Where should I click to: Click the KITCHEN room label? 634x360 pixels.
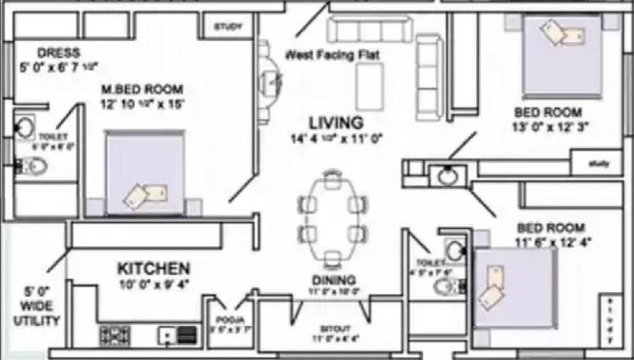pyautogui.click(x=153, y=268)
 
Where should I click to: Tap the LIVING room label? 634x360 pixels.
pyautogui.click(x=335, y=122)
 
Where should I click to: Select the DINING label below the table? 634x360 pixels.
pyautogui.click(x=333, y=280)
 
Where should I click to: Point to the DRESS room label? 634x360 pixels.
pyautogui.click(x=58, y=53)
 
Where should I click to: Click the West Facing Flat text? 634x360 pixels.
pyautogui.click(x=332, y=55)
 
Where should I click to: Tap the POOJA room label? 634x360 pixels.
pyautogui.click(x=226, y=319)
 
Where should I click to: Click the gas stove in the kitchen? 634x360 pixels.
pyautogui.click(x=115, y=335)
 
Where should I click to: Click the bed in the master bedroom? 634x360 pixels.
pyautogui.click(x=145, y=173)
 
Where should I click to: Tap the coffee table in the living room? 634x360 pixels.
pyautogui.click(x=369, y=86)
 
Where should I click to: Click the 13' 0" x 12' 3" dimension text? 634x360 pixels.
pyautogui.click(x=550, y=126)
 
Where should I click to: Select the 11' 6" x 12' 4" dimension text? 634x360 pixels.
pyautogui.click(x=550, y=241)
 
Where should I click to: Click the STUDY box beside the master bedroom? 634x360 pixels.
pyautogui.click(x=228, y=27)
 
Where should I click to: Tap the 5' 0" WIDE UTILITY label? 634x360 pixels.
pyautogui.click(x=37, y=307)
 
